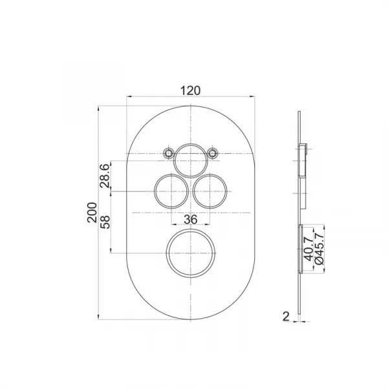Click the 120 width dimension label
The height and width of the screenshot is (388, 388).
pyautogui.click(x=190, y=91)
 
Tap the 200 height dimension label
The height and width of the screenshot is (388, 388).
pyautogui.click(x=92, y=213)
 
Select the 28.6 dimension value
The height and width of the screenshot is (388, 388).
pyautogui.click(x=104, y=176)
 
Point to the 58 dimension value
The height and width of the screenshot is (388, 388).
pyautogui.click(x=105, y=222)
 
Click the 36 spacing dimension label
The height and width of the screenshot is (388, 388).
pyautogui.click(x=191, y=219)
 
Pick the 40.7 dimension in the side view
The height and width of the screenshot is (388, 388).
pyautogui.click(x=308, y=249)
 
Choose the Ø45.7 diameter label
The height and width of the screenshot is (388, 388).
pyautogui.click(x=319, y=249)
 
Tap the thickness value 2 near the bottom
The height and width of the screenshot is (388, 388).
pyautogui.click(x=286, y=316)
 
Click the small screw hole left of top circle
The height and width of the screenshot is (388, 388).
pyautogui.click(x=169, y=153)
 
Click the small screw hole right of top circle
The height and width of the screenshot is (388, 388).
pyautogui.click(x=212, y=153)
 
